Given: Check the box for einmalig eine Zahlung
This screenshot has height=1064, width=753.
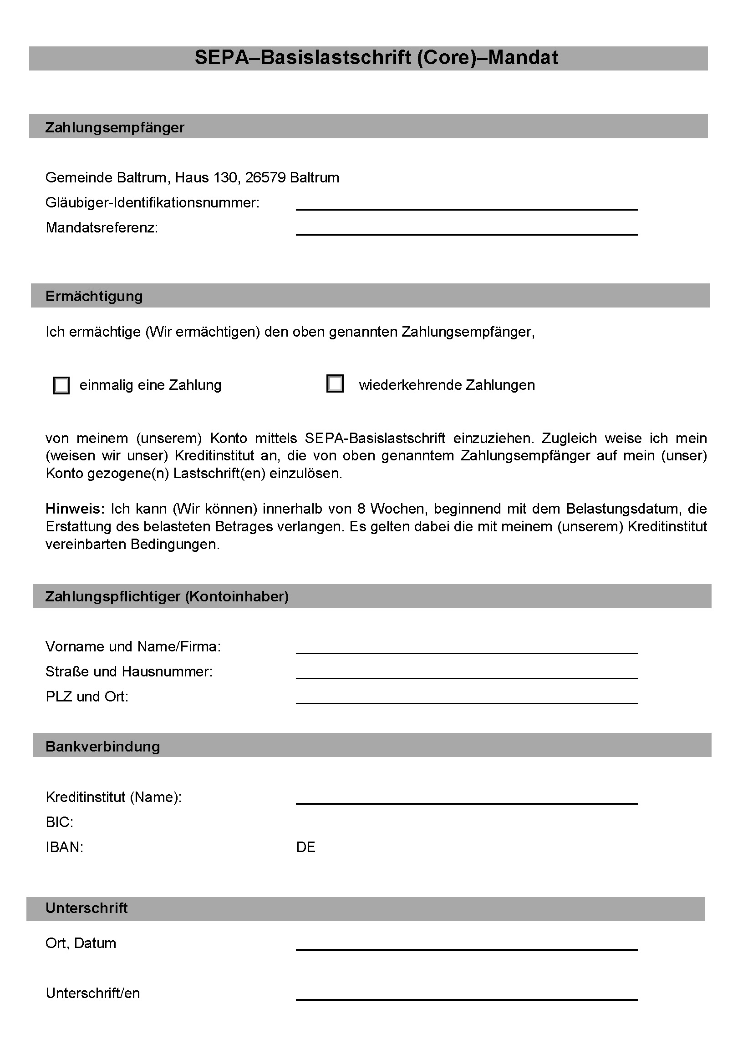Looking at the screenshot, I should (61, 385).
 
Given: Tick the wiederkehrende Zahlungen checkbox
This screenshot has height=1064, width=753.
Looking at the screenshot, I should (335, 384).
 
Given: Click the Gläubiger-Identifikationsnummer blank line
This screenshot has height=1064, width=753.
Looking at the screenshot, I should (467, 205).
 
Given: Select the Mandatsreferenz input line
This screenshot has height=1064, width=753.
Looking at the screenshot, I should (467, 230).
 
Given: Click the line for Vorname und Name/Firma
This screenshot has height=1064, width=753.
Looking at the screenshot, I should (467, 648).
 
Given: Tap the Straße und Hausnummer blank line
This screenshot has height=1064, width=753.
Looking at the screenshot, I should (467, 673).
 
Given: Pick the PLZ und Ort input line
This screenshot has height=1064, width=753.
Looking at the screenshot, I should (467, 698).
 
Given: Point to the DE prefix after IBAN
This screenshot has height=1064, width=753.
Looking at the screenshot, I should (305, 847).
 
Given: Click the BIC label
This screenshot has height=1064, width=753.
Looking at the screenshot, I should (59, 822).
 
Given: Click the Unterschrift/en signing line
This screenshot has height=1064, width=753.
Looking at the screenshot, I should (467, 994).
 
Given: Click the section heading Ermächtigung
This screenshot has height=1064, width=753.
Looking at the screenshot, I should (94, 296).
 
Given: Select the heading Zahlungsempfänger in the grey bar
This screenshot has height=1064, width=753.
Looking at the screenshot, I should (115, 127).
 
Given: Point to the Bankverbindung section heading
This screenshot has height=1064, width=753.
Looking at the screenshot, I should (102, 746).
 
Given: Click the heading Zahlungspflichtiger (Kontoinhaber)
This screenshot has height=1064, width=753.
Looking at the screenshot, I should (167, 596).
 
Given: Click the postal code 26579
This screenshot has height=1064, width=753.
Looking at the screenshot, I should (265, 177).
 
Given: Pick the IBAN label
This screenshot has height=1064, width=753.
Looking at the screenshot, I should (65, 847).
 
